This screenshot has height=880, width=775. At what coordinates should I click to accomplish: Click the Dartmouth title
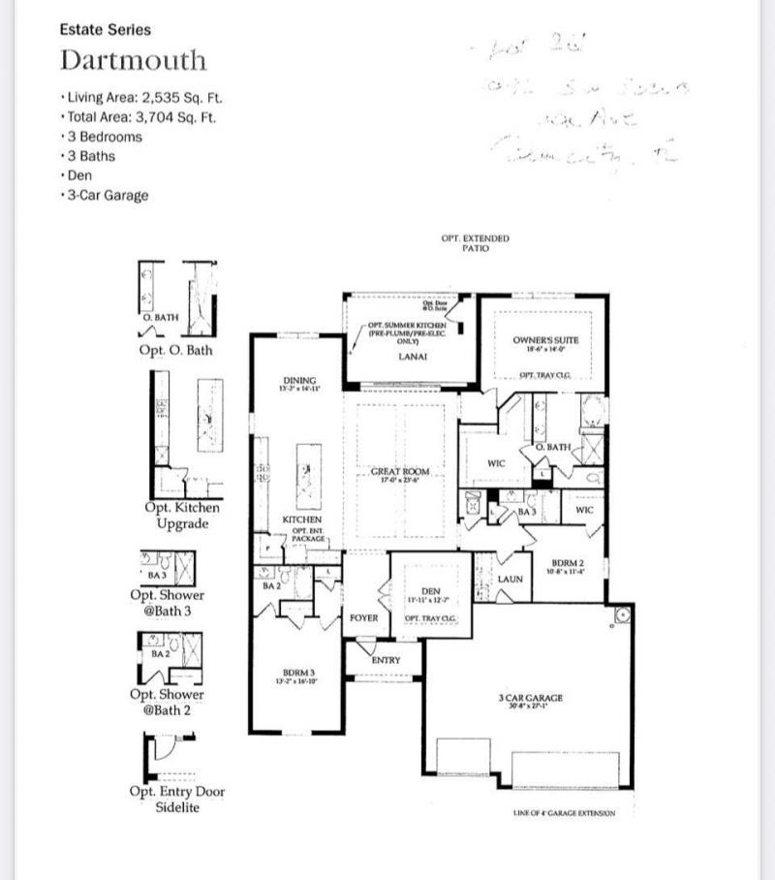[133, 60]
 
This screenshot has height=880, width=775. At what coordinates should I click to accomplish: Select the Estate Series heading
[105, 30]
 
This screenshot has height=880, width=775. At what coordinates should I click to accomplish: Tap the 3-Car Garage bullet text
[107, 196]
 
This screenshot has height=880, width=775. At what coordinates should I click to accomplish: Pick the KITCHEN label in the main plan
[301, 520]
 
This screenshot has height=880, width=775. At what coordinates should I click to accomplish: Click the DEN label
[431, 591]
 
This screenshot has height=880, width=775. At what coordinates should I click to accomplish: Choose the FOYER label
[363, 617]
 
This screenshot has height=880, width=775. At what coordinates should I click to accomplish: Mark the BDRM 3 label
[297, 672]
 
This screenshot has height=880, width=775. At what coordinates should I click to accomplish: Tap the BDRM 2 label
[565, 562]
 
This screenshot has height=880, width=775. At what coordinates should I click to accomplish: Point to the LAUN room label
[510, 580]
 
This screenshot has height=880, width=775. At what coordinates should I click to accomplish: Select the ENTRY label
[386, 660]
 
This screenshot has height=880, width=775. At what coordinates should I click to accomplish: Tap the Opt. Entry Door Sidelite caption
[176, 800]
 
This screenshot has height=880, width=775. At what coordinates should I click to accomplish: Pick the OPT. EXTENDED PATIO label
[475, 242]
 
